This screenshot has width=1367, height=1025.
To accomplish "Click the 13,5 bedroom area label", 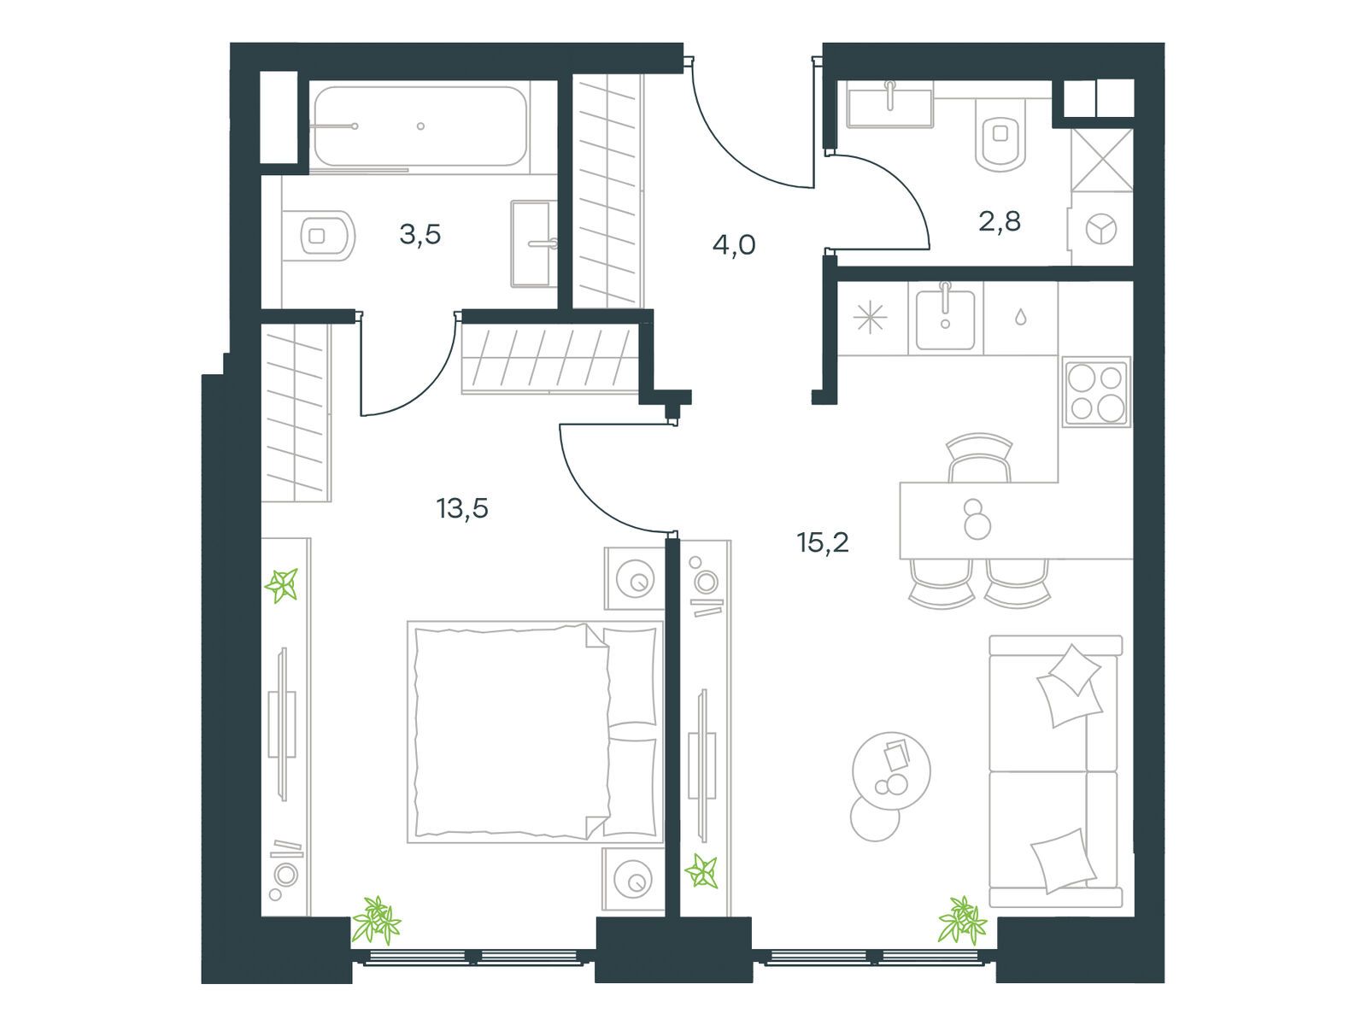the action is pos(462,509).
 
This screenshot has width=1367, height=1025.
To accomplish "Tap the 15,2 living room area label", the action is pos(823,543).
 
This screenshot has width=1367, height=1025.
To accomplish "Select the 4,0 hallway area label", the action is pos(734,245).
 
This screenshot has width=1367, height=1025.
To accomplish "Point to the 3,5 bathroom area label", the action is pos(420,235).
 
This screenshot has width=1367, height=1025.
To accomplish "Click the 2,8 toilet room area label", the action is pos(1000,221).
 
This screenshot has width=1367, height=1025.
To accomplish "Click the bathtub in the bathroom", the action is pos(419,126).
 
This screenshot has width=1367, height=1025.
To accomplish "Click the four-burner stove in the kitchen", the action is pos(1096,392).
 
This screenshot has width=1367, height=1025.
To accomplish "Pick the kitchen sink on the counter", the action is pos(945,319).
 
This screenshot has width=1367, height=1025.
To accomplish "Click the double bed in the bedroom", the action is pos(535,732).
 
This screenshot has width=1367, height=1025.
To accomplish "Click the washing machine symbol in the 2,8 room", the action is pos(1101,229).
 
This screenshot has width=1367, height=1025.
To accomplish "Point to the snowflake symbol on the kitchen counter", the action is pos(870,319).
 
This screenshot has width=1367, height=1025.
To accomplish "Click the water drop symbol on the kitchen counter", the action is pos(1020,318).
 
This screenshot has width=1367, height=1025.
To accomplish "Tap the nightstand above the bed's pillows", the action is pos(635,579).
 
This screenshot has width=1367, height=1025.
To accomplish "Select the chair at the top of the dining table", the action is pos(979,458).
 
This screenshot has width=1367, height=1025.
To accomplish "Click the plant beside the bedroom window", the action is pos(376,920).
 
